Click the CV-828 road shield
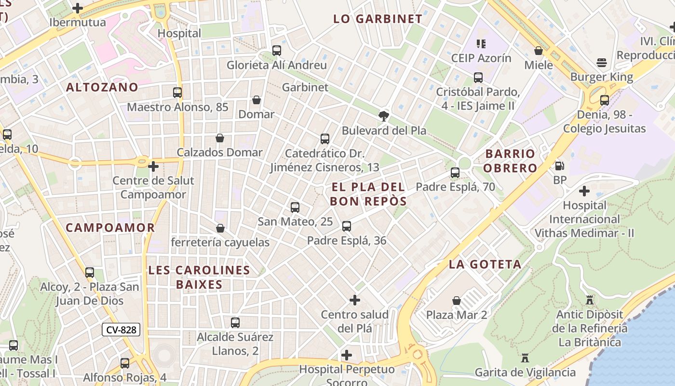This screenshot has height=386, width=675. coord(121,330)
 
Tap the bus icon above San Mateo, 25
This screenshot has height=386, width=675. coord(295,207)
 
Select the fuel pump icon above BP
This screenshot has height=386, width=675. coord(560,165)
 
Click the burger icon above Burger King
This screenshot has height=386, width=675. coord(601,62)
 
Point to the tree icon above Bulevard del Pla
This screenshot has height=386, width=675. coord(384,116)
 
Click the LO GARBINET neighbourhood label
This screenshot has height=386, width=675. coord(378,19)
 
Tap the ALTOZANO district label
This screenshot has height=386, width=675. coord(102,87)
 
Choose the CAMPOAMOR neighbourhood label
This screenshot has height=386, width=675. coord(110,228)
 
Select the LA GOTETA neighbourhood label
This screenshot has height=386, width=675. coord(485,264)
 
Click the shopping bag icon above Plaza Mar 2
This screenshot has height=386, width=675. coord(457,301)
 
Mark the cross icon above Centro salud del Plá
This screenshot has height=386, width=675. coord(355,300)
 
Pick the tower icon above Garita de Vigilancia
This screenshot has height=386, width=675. coord(525,358)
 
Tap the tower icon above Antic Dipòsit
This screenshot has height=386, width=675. coord(589,300)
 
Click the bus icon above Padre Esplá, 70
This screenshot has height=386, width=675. coord(455,172)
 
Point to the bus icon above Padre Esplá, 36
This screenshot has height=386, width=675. coord(346,226)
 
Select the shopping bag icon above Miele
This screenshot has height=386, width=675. coord(539,50)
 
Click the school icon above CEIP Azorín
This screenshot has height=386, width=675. coord(481,44)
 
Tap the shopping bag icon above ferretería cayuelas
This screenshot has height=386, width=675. coord(220,228)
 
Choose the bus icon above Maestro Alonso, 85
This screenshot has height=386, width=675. coord(177,92)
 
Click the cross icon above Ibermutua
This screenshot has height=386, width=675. coord(77,8)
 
